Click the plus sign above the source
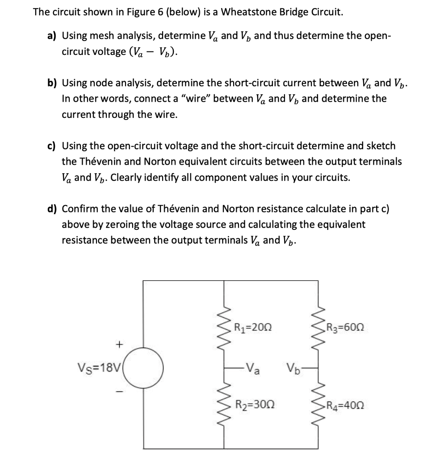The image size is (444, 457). pos(119,344)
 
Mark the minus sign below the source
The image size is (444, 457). pos(119,392)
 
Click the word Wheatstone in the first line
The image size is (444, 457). pos(249,12)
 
